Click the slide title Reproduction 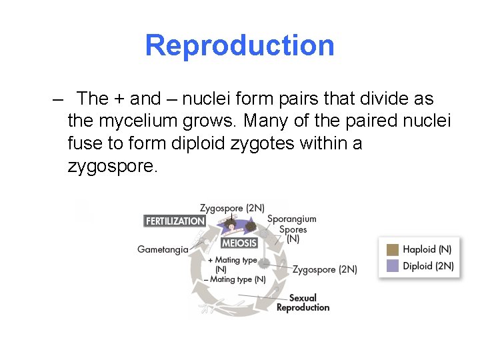pyautogui.click(x=239, y=45)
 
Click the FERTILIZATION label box pyautogui.click(x=175, y=221)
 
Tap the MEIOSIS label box pyautogui.click(x=239, y=243)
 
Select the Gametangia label pyautogui.click(x=163, y=250)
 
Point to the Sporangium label pyautogui.click(x=291, y=219)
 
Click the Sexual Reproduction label pyautogui.click(x=303, y=303)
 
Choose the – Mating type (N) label pyautogui.click(x=238, y=279)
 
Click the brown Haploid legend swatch pyautogui.click(x=393, y=249)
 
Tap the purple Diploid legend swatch pyautogui.click(x=393, y=265)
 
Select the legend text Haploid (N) pyautogui.click(x=427, y=249)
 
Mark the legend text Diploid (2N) pyautogui.click(x=428, y=265)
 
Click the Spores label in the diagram pyautogui.click(x=293, y=229)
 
